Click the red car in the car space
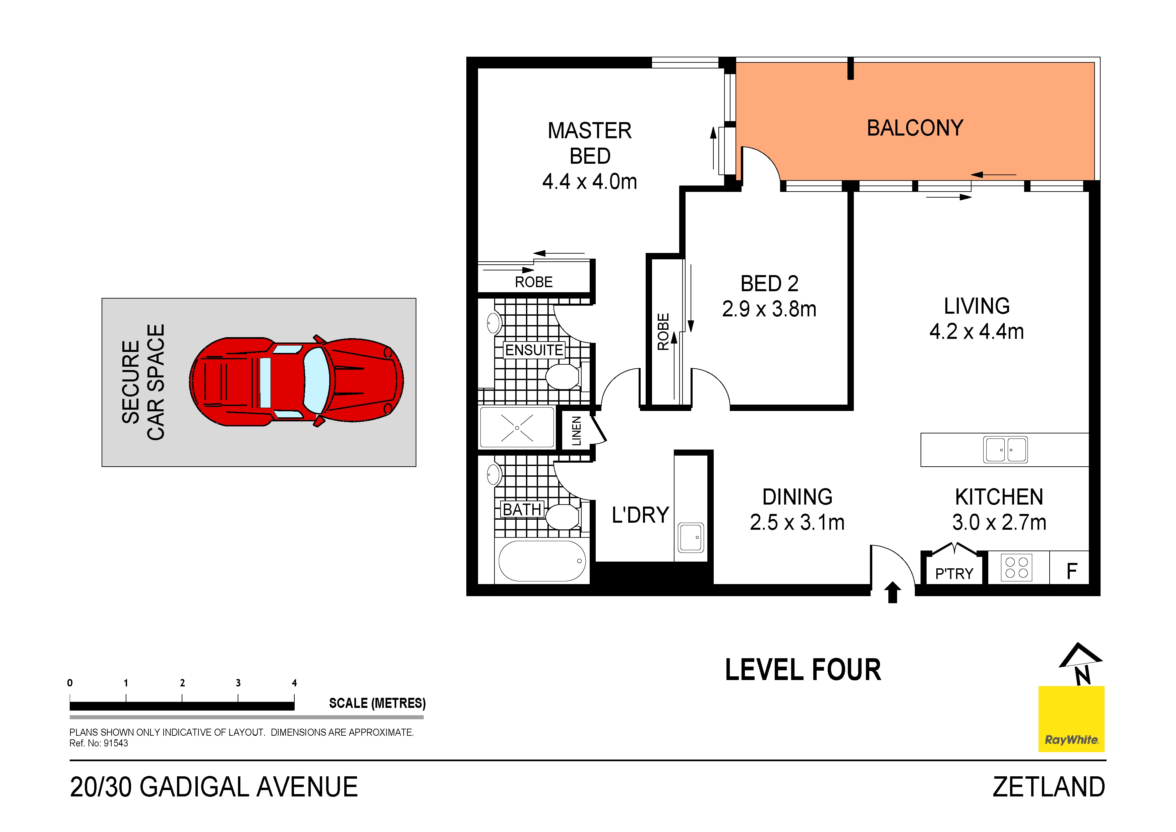click(296, 382)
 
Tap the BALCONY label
click(915, 128)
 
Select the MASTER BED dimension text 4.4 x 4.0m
click(590, 182)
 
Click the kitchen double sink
click(1005, 450)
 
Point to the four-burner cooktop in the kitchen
click(1016, 568)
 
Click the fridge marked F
click(1071, 571)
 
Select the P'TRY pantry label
click(954, 574)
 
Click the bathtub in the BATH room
click(542, 561)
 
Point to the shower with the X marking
click(517, 427)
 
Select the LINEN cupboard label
click(576, 431)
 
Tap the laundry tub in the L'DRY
click(691, 537)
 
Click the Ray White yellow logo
click(1071, 719)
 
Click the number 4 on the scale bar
click(294, 683)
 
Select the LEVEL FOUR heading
click(803, 670)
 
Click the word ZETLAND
click(1049, 787)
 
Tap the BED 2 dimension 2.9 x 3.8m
click(769, 309)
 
